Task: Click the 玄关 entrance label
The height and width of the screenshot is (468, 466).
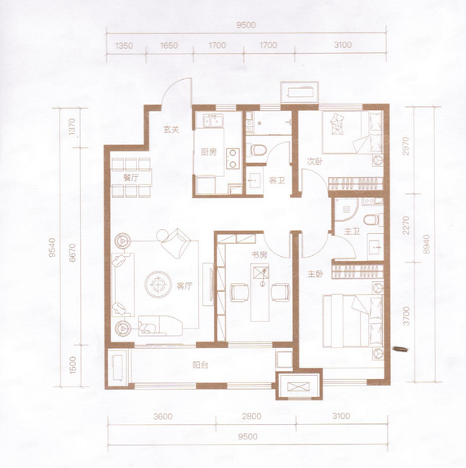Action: point(171,130)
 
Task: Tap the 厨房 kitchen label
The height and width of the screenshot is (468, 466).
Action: point(208,152)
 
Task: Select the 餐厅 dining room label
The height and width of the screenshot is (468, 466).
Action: point(131,178)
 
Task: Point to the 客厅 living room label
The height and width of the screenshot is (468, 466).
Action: point(184,286)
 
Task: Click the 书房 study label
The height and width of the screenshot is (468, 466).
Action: point(259,255)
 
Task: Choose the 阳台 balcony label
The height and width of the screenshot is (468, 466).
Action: point(200,364)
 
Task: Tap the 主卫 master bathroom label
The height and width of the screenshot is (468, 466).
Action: point(352,232)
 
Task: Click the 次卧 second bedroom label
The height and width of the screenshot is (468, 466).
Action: point(315,161)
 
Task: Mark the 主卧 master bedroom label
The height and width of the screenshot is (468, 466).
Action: point(316,274)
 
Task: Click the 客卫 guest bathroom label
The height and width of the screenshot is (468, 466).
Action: point(277,180)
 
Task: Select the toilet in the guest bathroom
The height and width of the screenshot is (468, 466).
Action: point(256,150)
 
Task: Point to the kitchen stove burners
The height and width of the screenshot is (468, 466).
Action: point(233,159)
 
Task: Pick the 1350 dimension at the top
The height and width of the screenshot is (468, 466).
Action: point(124,46)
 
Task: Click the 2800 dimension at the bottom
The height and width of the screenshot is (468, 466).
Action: point(251,416)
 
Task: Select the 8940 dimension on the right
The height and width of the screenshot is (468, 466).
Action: point(426,244)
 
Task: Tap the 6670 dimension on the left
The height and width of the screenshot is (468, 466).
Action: point(73,253)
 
